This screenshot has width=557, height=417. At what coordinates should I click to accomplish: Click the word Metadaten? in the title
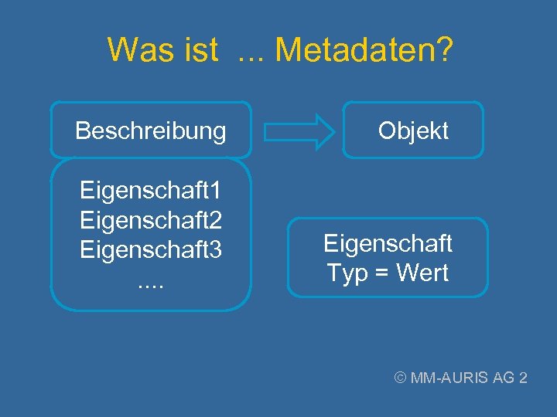tap(364, 51)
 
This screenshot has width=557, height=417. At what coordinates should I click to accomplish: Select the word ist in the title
tap(202, 51)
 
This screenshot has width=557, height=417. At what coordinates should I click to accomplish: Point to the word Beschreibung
tap(151, 131)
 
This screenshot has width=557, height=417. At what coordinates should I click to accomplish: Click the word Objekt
tap(413, 131)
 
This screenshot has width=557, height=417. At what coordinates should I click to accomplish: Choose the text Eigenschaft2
tap(151, 221)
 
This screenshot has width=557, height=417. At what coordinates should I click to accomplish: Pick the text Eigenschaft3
tap(151, 250)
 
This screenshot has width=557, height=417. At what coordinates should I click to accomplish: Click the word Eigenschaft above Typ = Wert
tap(388, 244)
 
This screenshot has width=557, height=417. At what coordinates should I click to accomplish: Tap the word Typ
tap(347, 273)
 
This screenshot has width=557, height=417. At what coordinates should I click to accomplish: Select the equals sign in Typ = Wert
tap(383, 273)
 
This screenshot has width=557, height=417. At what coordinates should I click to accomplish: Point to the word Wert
tap(424, 273)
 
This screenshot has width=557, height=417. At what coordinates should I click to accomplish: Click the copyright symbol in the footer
tap(401, 378)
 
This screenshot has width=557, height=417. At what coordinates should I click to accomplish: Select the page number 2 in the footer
tap(524, 378)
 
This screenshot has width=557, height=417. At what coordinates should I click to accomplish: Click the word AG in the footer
tap(504, 378)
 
